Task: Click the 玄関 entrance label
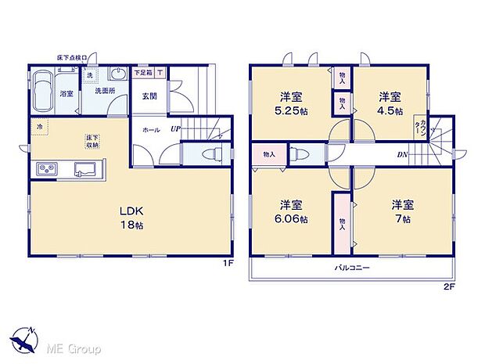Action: pyautogui.click(x=149, y=96)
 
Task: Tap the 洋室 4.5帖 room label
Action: pyautogui.click(x=390, y=104)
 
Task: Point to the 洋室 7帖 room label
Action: pyautogui.click(x=403, y=211)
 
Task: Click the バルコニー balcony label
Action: pyautogui.click(x=353, y=268)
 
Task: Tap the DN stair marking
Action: pyautogui.click(x=401, y=155)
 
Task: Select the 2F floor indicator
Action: pyautogui.click(x=448, y=287)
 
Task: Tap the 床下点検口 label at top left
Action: pyautogui.click(x=74, y=58)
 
